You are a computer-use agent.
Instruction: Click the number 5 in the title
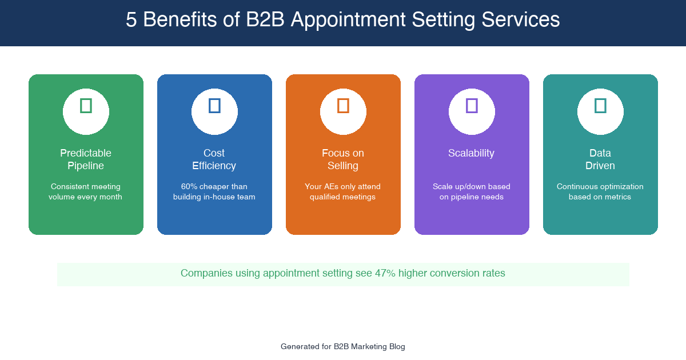131,21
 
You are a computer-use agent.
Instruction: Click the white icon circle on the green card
86,111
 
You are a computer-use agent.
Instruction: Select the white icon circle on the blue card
214,111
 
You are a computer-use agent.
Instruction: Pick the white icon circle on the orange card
343,111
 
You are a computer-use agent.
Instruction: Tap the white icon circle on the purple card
472,111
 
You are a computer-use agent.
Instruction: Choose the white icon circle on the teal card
600,111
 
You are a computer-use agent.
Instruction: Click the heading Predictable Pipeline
86,159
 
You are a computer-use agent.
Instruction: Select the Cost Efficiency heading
214,159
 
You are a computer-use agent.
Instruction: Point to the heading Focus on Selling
343,159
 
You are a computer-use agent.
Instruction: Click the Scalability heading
472,153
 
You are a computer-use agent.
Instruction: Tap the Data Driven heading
600,159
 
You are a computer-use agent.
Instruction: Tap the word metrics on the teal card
617,197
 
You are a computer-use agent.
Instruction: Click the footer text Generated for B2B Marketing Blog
343,346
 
